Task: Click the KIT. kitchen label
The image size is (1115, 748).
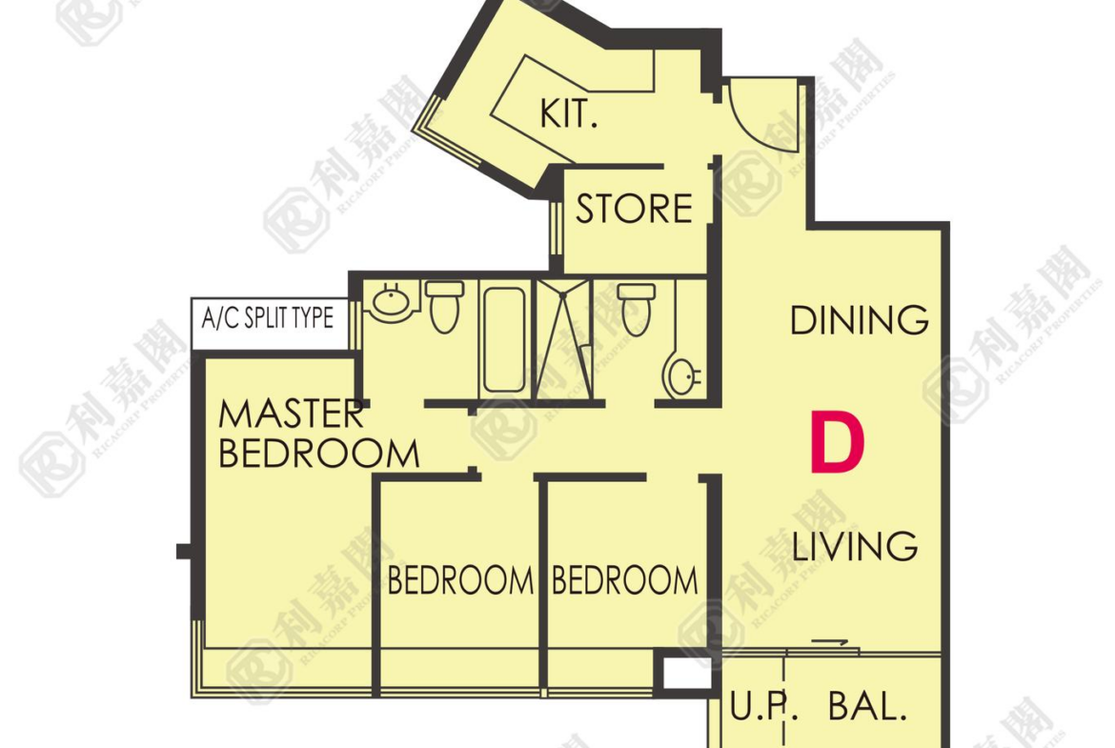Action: [x=568, y=113]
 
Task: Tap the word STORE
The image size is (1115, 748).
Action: [x=634, y=209]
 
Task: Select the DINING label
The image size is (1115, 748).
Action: [x=859, y=321]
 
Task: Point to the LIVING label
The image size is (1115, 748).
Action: [x=855, y=546]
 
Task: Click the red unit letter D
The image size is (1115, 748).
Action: [x=838, y=443]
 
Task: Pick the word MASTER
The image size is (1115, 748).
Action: [x=291, y=414]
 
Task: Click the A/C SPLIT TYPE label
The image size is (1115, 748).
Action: [x=268, y=318]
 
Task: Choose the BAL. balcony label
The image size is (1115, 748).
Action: [x=867, y=706]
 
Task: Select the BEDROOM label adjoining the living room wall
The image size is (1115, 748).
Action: [x=625, y=580]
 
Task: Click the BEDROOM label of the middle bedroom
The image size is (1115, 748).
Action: [x=460, y=580]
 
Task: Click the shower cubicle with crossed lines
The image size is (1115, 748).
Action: [x=564, y=340]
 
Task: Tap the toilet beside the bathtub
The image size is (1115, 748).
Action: [x=445, y=307]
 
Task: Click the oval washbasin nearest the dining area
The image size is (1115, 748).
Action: [x=682, y=374]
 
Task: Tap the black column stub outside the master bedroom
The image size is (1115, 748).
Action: [x=184, y=551]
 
